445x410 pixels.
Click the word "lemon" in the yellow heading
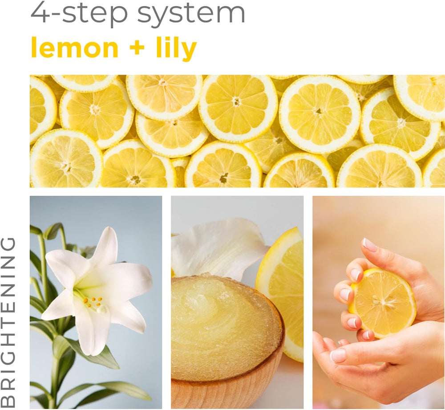tap(74, 48)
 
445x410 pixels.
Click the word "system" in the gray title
tap(191, 14)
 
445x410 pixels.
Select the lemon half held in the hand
tap(382, 303)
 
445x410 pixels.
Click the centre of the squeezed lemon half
tap(383, 303)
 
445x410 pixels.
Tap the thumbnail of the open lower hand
tap(338, 356)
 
